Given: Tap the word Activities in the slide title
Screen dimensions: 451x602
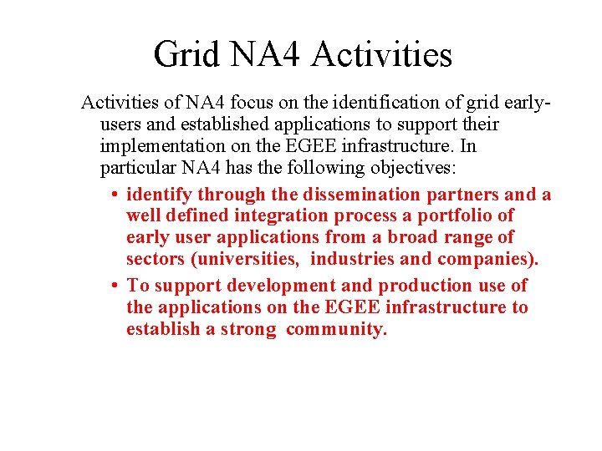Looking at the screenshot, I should click(x=381, y=54).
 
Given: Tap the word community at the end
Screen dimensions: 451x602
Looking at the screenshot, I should click(x=337, y=330).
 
